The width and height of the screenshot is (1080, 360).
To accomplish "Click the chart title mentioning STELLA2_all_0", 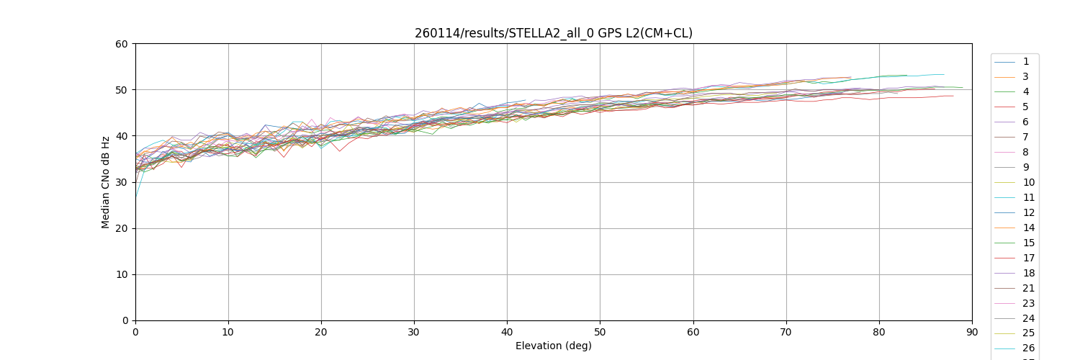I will [553, 33].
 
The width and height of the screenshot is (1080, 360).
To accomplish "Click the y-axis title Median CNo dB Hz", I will [106, 182].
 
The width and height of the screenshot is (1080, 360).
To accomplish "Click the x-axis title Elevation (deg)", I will [553, 346].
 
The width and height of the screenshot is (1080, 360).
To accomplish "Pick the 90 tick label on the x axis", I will [971, 332].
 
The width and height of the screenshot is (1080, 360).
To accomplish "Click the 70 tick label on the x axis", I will [786, 332].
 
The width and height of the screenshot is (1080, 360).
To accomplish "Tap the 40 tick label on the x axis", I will [507, 332].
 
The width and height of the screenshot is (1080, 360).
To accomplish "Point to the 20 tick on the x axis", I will [321, 332].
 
